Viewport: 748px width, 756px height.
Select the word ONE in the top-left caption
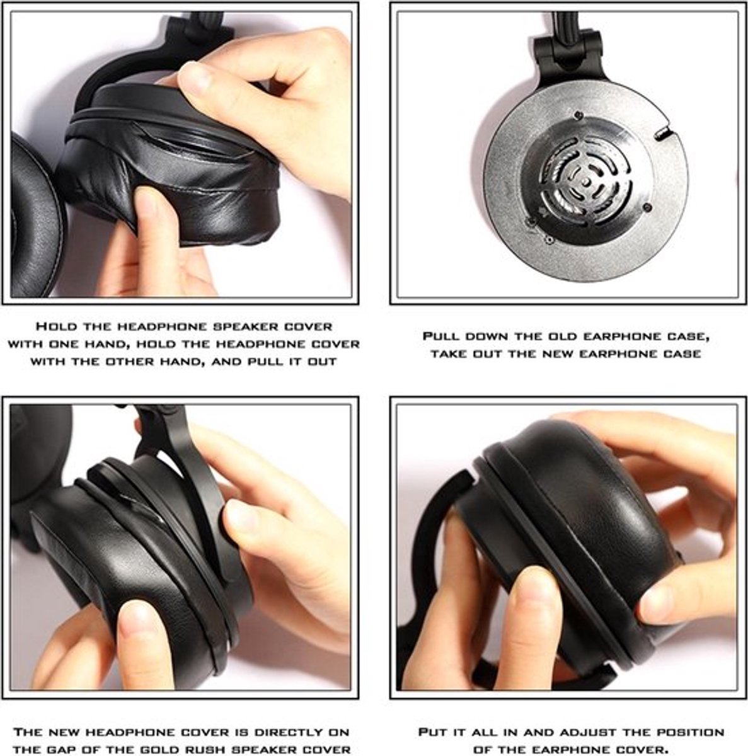point(66,344)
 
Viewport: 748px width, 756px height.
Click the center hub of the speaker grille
point(585,181)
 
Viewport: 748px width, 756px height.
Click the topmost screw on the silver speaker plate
point(577,115)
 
